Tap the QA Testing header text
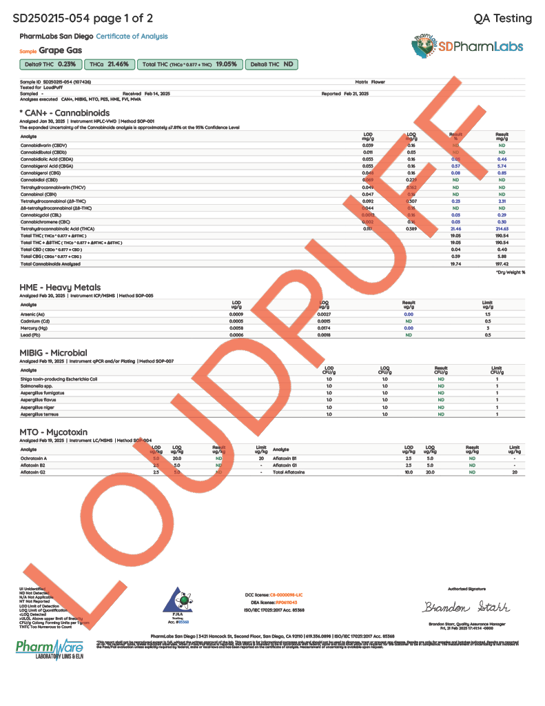tap(503, 19)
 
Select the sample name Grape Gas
tap(61, 50)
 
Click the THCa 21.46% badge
tap(109, 64)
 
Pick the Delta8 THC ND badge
tap(273, 64)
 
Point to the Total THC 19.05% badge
tap(190, 64)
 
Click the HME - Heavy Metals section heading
tap(60, 288)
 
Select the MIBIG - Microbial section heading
tap(53, 353)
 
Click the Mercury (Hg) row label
tap(34, 328)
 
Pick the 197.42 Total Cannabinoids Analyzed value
tap(501, 264)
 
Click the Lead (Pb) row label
tap(32, 335)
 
